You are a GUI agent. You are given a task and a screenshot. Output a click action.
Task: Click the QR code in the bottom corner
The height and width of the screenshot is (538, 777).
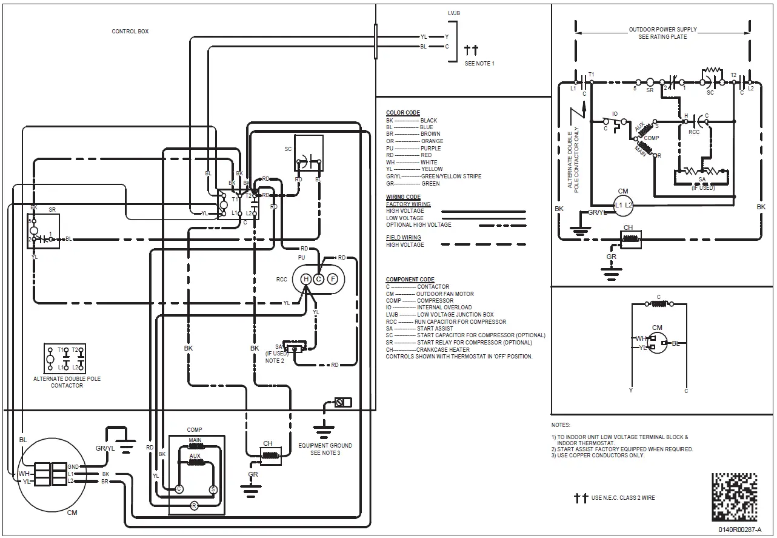click(735, 496)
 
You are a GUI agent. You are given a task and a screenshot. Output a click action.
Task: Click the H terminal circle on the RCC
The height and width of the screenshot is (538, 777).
click(305, 279)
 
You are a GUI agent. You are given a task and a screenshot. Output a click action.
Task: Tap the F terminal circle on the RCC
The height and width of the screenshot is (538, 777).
click(332, 279)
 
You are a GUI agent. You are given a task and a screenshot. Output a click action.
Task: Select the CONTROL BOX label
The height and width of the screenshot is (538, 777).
click(130, 32)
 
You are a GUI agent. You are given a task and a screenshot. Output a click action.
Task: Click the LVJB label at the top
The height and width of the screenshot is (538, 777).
click(454, 13)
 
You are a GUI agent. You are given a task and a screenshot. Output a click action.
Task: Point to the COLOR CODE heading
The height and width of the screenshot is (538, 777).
click(402, 113)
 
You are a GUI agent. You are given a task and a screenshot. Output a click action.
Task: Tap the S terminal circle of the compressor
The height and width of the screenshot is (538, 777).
click(213, 489)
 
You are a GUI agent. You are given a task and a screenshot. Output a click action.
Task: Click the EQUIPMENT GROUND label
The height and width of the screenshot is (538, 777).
click(325, 445)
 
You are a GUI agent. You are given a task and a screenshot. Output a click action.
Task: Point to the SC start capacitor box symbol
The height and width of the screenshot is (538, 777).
click(308, 153)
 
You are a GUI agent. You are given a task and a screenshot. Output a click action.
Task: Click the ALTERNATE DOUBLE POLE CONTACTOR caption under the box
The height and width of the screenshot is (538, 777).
click(67, 382)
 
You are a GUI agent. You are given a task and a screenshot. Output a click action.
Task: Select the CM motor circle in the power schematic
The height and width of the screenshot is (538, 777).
click(623, 206)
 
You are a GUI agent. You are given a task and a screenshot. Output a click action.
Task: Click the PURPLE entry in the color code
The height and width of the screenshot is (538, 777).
click(430, 148)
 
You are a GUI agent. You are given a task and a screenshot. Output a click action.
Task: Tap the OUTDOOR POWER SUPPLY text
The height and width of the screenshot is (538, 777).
click(662, 29)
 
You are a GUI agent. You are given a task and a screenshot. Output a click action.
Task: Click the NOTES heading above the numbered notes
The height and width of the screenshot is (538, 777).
click(561, 425)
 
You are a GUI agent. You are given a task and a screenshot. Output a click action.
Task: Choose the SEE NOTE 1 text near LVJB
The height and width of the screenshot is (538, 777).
click(479, 64)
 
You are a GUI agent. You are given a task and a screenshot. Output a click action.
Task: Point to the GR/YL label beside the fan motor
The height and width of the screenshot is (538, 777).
click(105, 448)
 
